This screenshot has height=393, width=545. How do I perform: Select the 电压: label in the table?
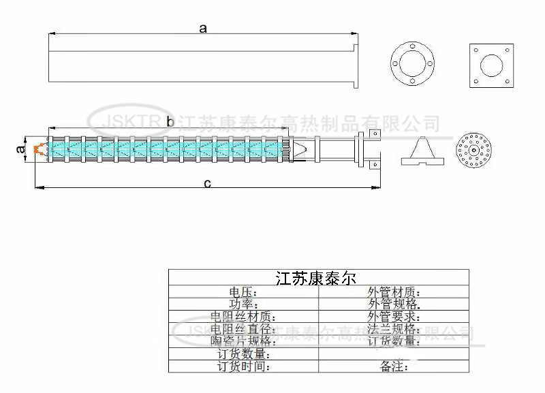244,292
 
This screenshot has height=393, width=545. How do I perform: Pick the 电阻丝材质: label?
243,317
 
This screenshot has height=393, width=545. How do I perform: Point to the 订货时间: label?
244,366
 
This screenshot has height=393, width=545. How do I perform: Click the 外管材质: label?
394,292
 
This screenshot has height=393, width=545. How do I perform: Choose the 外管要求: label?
394,317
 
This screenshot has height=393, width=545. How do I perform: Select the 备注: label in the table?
394,366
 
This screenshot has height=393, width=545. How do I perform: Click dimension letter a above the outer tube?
202,28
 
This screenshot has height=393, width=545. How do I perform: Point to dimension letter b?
170,122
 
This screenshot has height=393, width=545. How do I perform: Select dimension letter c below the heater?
208,183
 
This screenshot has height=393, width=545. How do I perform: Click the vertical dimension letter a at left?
21,148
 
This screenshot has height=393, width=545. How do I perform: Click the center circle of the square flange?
491,65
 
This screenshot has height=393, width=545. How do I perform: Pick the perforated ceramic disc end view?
476,148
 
